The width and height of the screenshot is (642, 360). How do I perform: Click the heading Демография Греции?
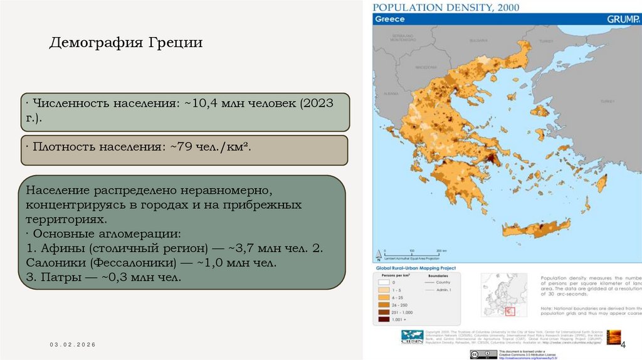tap(125, 43)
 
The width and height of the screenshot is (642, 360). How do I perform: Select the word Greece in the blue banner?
tap(390, 19)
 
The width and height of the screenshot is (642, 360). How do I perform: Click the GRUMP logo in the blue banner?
tap(624, 19)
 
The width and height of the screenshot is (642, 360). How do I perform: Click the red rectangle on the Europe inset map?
tap(510, 310)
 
